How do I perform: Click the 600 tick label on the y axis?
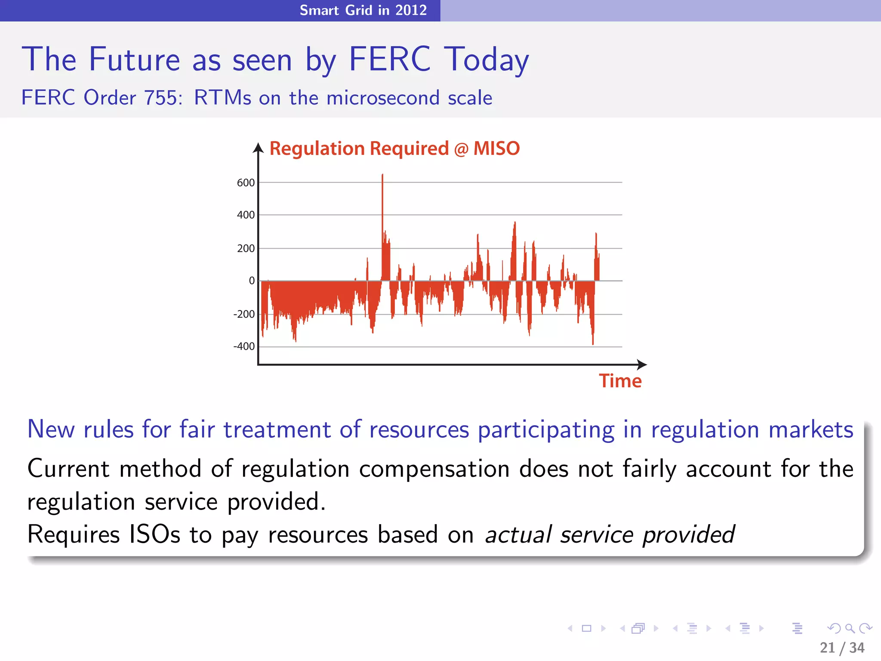(246, 183)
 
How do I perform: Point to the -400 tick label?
(244, 346)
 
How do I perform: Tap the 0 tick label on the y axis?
(252, 281)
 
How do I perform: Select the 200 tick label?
(246, 249)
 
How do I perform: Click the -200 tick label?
(244, 315)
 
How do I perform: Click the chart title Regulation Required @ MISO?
(394, 149)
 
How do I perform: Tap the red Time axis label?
(620, 381)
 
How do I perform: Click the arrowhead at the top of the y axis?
(258, 148)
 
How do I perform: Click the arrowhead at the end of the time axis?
(642, 364)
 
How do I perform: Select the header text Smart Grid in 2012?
(363, 10)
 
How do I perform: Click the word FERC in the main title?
(389, 59)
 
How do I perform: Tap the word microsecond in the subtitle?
(383, 98)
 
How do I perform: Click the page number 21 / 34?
(842, 648)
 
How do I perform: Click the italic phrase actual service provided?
(610, 535)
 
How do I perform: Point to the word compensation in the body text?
(434, 469)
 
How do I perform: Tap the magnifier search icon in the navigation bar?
(850, 628)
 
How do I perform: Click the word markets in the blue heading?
(810, 429)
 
